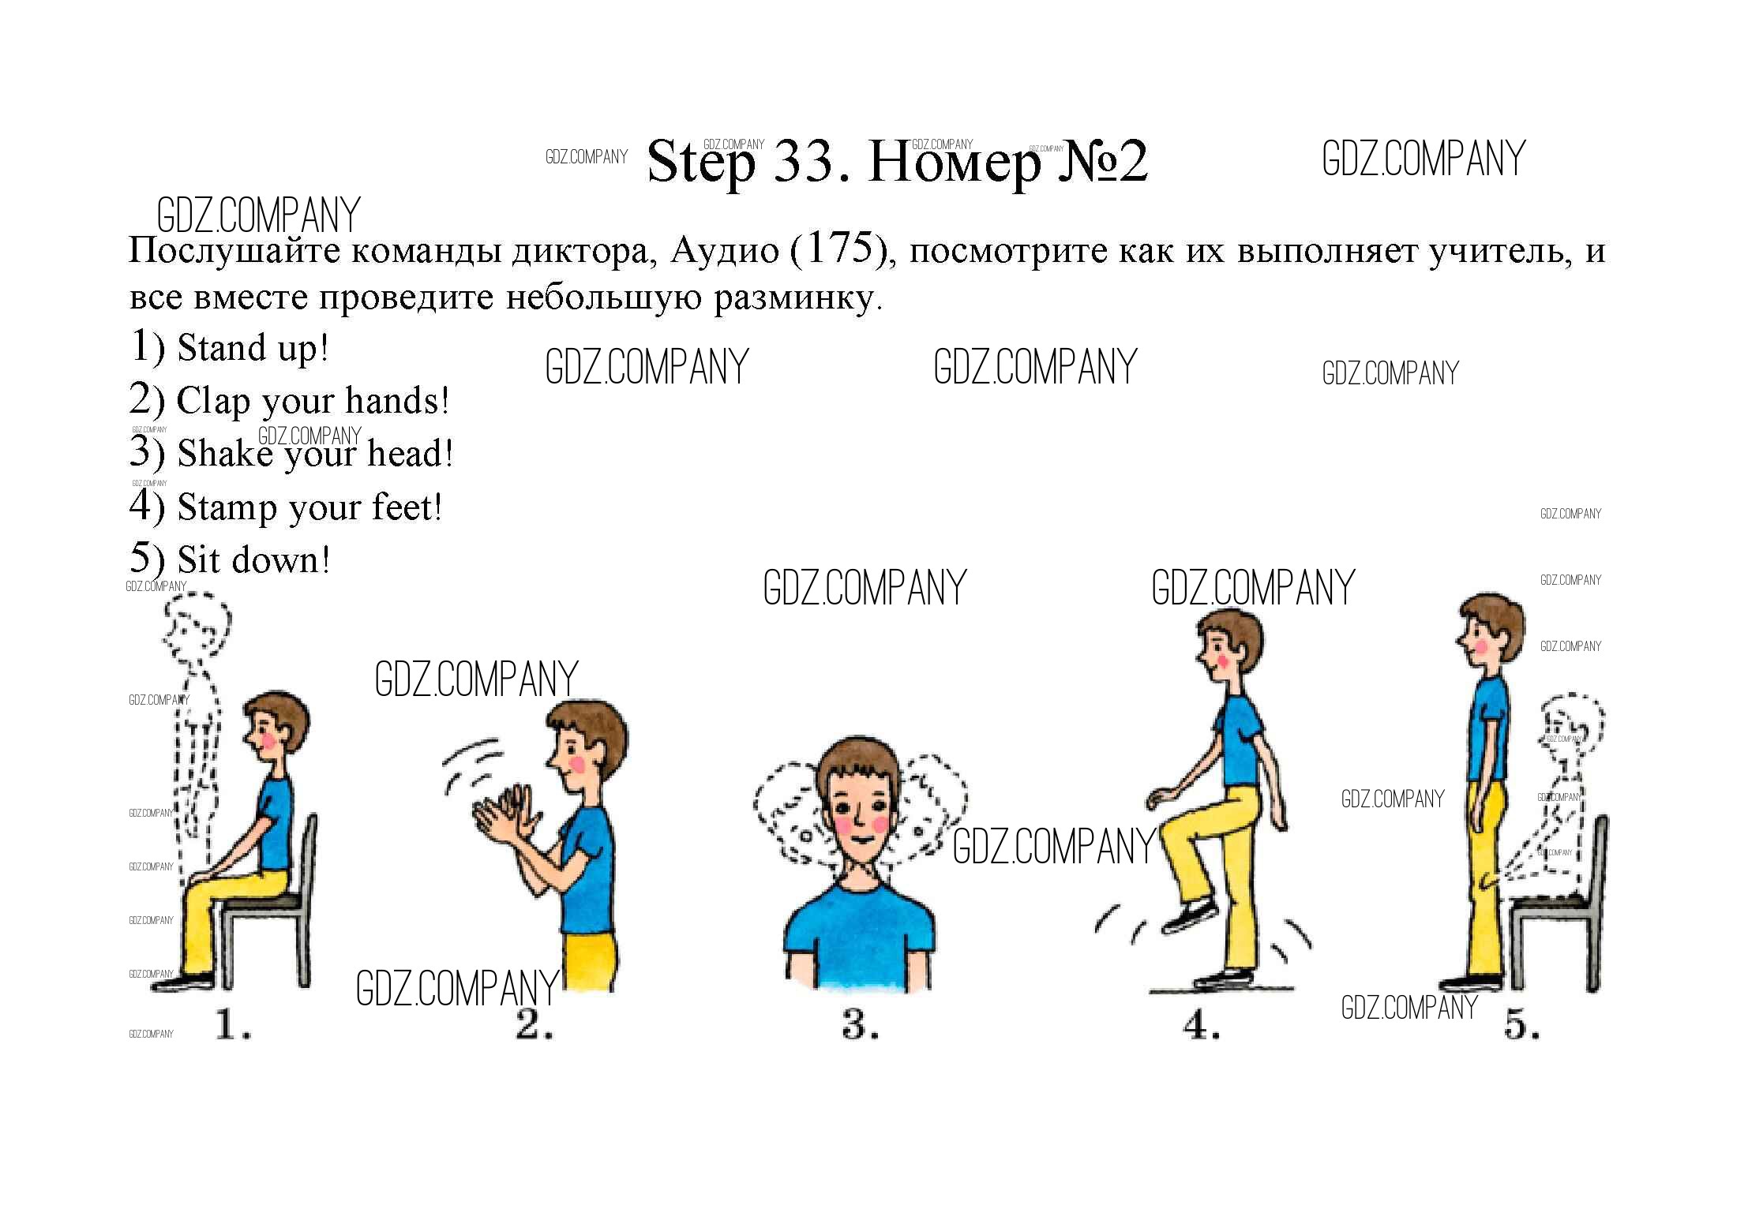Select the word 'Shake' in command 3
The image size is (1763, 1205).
(x=225, y=454)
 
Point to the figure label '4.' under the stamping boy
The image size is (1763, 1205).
(x=1201, y=1025)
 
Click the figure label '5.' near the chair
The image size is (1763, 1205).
(x=1522, y=1025)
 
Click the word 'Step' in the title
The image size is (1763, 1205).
(x=700, y=163)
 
